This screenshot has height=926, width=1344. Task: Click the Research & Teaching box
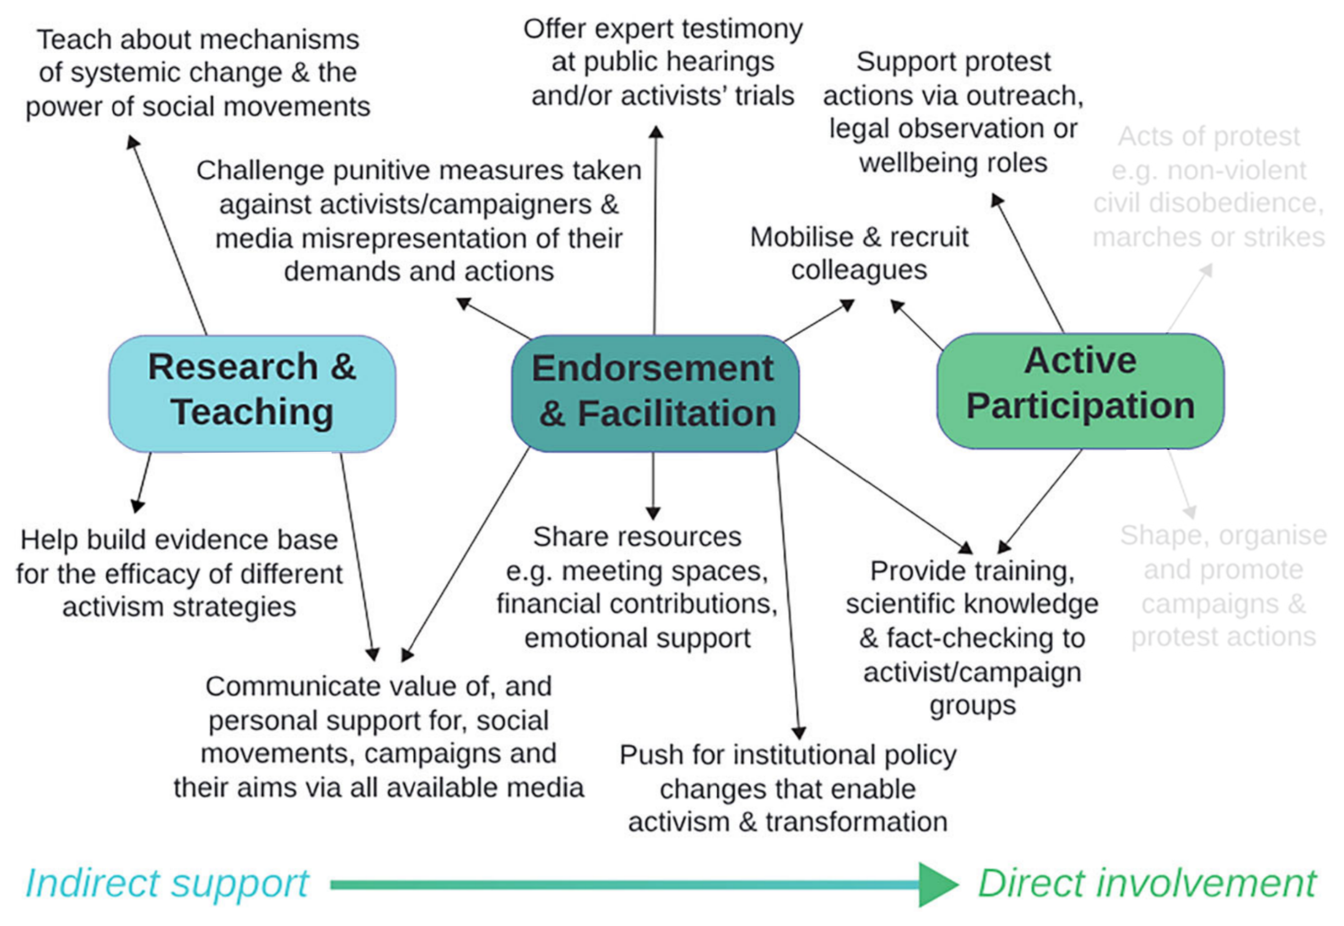(x=252, y=393)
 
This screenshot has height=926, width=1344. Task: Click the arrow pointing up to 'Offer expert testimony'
(x=655, y=232)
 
